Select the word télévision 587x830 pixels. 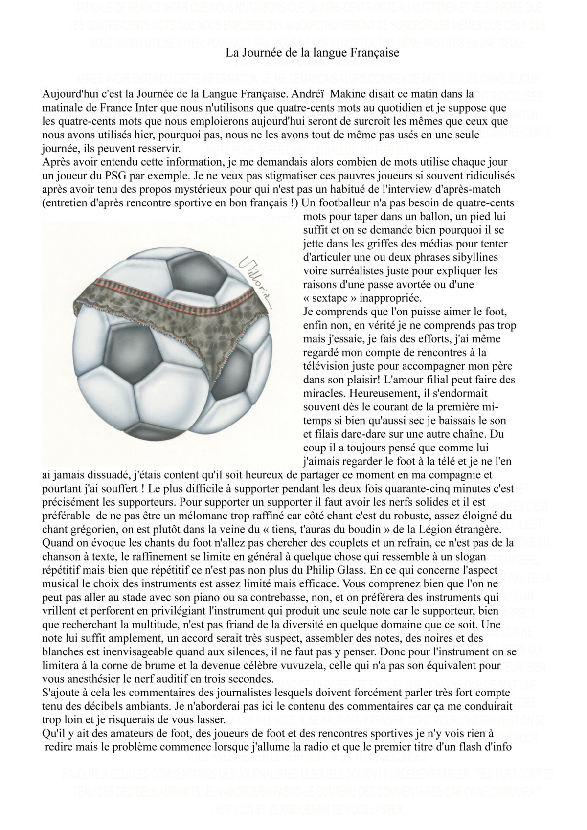pyautogui.click(x=327, y=365)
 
